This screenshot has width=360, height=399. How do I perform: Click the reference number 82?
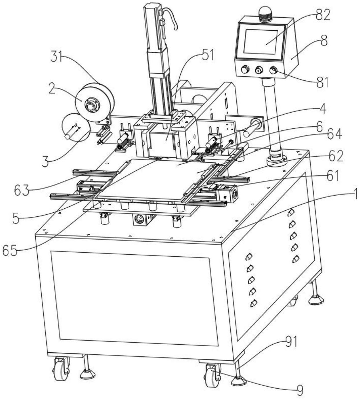[x=322, y=15]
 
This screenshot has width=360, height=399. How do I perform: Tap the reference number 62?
[x=336, y=156]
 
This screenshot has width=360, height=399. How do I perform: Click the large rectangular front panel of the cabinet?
[x=135, y=298]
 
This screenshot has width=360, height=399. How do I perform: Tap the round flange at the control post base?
[x=277, y=160]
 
